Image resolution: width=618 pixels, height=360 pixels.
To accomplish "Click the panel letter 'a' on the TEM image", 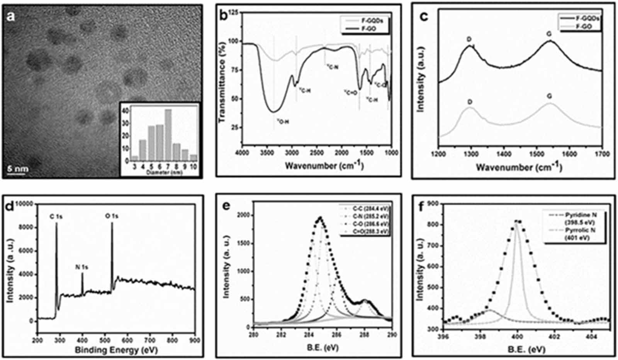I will (x=12, y=17).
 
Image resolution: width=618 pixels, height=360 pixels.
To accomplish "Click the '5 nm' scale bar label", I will (x=18, y=169).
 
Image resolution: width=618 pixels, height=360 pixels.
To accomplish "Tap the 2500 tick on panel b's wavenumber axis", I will (x=317, y=153).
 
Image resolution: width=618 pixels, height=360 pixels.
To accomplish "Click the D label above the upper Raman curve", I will (x=469, y=39).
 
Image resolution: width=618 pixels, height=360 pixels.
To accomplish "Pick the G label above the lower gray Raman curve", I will (x=549, y=96).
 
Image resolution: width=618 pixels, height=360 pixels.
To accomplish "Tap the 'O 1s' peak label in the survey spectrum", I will (x=112, y=216).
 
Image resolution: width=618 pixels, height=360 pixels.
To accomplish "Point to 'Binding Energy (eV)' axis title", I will (x=116, y=350).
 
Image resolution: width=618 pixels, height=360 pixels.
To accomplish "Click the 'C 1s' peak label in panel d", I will (x=56, y=217).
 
